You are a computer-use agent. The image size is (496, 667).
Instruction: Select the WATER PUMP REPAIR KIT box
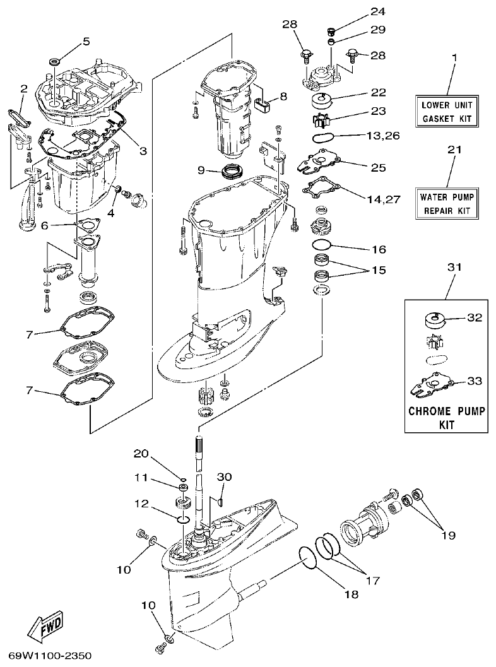(x=446, y=203)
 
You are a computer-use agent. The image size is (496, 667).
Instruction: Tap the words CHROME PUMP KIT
(x=447, y=418)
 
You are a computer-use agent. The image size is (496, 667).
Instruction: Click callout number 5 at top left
(x=86, y=42)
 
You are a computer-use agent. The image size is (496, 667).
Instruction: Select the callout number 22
(x=378, y=93)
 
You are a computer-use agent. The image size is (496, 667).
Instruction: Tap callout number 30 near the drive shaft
(x=224, y=476)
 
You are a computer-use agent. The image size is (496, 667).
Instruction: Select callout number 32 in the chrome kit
(x=475, y=318)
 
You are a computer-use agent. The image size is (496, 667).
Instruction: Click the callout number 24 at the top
(x=377, y=11)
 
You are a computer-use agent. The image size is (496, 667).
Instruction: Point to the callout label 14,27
(x=383, y=199)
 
